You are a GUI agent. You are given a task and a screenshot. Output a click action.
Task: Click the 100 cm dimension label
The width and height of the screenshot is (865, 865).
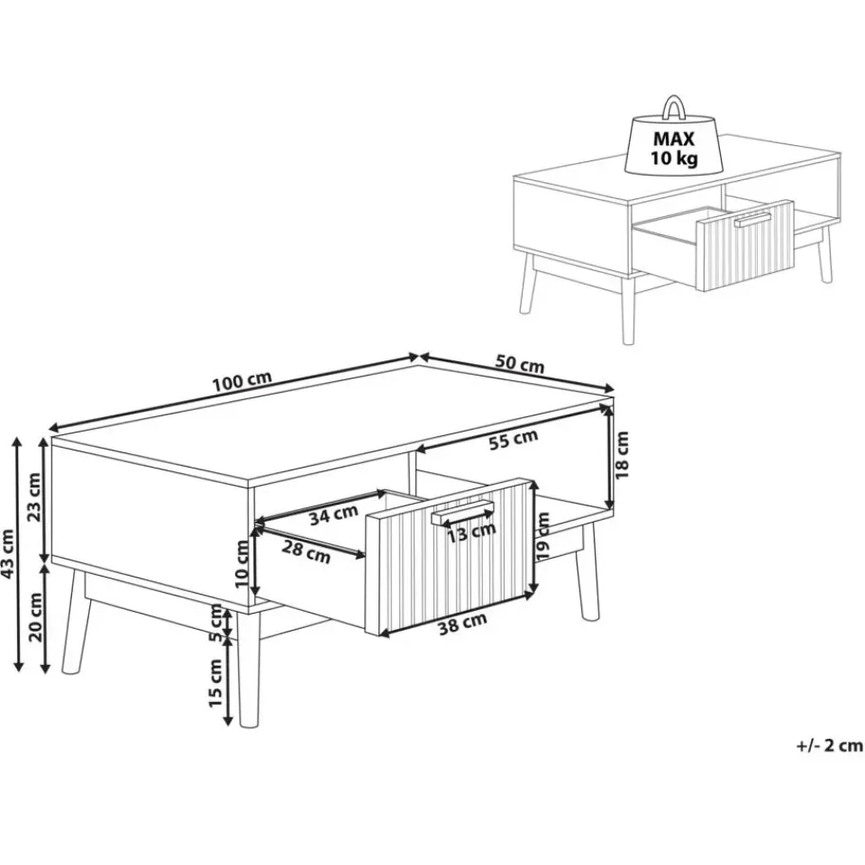click(x=242, y=381)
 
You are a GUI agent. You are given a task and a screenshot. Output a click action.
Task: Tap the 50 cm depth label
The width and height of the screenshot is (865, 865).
click(x=520, y=365)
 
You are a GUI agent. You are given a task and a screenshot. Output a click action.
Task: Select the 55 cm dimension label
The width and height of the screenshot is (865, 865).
click(x=513, y=439)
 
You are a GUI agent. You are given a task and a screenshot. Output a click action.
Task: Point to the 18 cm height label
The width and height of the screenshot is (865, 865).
click(x=622, y=455)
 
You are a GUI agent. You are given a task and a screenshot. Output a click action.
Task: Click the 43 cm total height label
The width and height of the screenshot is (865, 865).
click(x=8, y=554)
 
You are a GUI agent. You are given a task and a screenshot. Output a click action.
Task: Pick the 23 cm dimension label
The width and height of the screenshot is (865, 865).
click(x=34, y=496)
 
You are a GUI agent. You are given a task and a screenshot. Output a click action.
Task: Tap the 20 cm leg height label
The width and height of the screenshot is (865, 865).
click(x=36, y=616)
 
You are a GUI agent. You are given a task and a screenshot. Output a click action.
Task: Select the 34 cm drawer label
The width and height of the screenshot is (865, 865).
click(x=333, y=515)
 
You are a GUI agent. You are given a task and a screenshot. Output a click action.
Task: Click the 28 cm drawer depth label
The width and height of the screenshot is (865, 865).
click(x=306, y=551)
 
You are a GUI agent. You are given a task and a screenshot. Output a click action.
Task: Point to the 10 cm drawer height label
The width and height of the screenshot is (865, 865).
click(x=242, y=563)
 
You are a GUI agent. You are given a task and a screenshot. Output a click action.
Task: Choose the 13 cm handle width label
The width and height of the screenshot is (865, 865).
click(x=471, y=533)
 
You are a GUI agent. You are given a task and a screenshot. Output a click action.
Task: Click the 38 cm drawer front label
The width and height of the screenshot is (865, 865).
click(x=462, y=624)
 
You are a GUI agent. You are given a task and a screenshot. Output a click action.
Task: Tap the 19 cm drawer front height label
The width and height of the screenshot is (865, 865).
click(x=542, y=536)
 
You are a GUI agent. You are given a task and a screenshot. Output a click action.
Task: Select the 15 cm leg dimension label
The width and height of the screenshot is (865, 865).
click(x=214, y=683)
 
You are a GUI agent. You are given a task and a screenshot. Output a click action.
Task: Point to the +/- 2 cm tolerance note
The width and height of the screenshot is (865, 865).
click(x=829, y=745)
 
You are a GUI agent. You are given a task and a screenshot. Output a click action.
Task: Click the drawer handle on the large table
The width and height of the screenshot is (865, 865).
click(x=463, y=513)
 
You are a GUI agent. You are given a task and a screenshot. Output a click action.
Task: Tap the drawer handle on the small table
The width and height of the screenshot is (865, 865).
click(x=752, y=219)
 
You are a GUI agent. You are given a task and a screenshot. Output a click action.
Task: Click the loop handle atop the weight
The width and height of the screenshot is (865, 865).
click(x=674, y=107)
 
